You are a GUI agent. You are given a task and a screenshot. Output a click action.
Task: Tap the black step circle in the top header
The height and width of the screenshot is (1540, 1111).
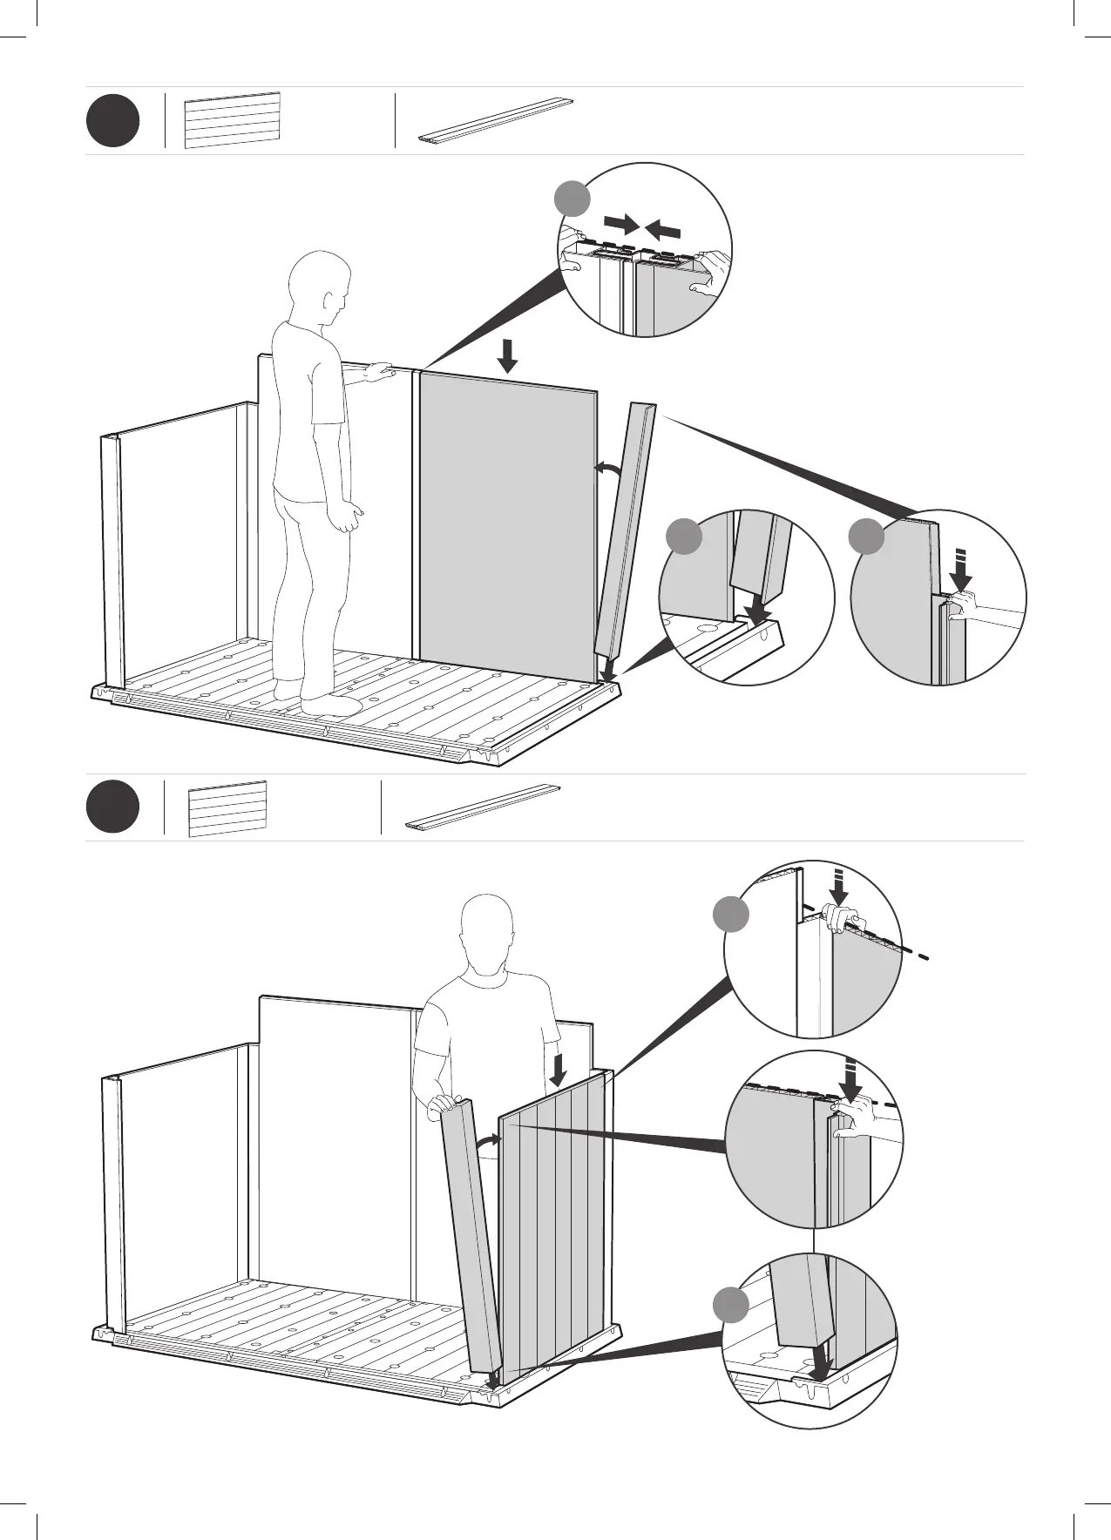point(112,121)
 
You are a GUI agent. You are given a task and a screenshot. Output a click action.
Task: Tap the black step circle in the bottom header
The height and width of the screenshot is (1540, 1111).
point(112,807)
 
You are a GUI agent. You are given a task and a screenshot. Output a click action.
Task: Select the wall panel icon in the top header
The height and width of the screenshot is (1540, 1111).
point(232,120)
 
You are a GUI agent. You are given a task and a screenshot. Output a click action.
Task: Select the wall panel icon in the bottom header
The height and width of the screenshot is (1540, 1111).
point(227,809)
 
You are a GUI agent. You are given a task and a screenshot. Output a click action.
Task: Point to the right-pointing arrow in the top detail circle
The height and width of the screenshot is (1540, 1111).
point(621,224)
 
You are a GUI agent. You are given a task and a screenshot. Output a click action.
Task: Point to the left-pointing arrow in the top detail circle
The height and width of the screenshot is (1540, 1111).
point(664,229)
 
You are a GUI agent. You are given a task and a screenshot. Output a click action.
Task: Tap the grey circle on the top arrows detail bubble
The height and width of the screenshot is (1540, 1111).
point(572,198)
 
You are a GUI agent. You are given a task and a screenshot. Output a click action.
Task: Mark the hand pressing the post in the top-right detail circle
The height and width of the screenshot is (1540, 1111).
point(964,604)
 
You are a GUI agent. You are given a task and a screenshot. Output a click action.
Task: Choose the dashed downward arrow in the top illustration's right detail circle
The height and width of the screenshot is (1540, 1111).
point(961,571)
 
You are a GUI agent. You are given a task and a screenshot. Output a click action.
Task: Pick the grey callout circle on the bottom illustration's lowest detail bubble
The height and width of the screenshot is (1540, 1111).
point(730,1329)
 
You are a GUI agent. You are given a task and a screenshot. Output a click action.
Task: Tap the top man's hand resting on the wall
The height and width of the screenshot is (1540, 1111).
point(380,371)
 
